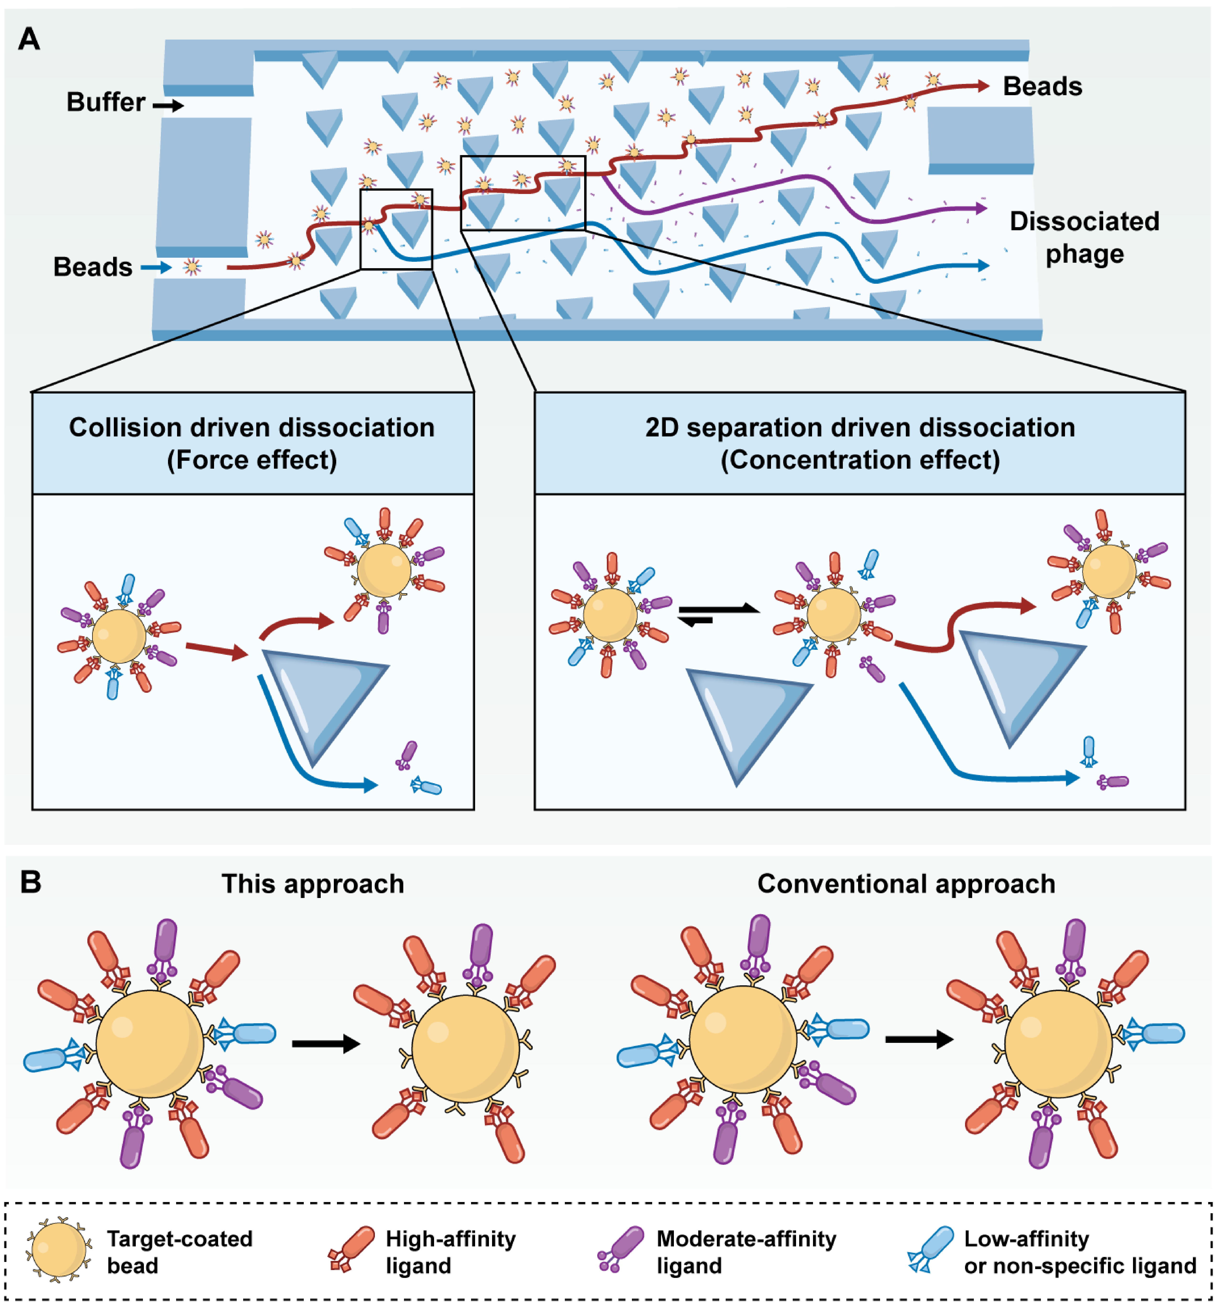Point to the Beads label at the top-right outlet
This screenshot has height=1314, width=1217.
[x=1043, y=86]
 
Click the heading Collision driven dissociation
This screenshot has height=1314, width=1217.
[x=252, y=427]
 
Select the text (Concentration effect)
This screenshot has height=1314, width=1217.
[x=860, y=460]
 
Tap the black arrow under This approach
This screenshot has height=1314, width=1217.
[x=327, y=1043]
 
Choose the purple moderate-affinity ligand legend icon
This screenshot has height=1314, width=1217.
[x=620, y=1249]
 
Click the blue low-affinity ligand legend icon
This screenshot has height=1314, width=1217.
[x=930, y=1249]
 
